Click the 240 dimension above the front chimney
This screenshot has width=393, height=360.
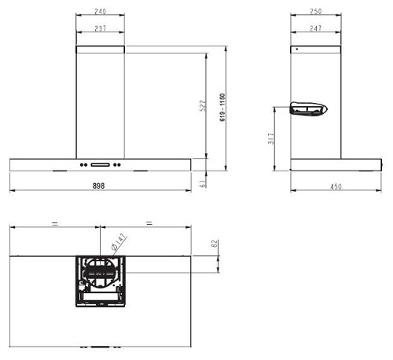pyautogui.click(x=101, y=13)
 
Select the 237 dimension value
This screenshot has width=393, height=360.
pyautogui.click(x=101, y=28)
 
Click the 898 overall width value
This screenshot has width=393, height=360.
pyautogui.click(x=98, y=186)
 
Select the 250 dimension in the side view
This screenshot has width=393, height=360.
pyautogui.click(x=315, y=13)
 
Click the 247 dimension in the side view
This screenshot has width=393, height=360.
pyautogui.click(x=315, y=28)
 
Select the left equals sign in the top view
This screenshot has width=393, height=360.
pyautogui.click(x=54, y=224)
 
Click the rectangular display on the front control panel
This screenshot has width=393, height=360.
pyautogui.click(x=101, y=164)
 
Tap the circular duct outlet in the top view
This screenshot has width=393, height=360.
pyautogui.click(x=101, y=272)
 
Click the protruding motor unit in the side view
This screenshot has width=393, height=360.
pyautogui.click(x=308, y=109)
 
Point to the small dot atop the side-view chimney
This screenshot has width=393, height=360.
pyautogui.click(x=296, y=50)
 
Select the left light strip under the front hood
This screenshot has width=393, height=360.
pyautogui.click(x=60, y=171)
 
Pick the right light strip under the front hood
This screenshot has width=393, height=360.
pyautogui.click(x=141, y=171)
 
